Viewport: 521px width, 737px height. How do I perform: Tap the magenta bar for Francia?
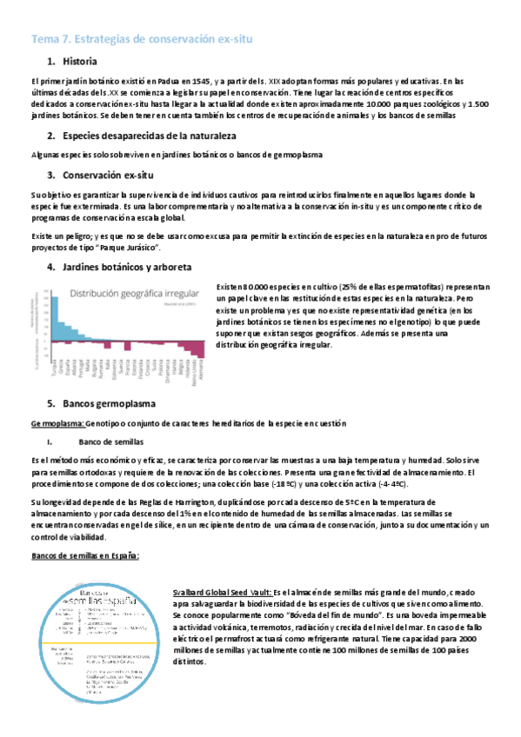(x=127, y=341)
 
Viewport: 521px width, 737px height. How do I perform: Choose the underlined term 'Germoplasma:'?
(x=57, y=423)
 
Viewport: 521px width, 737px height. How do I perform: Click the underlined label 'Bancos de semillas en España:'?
(x=85, y=556)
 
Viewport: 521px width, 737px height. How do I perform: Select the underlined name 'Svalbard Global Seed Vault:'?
(x=222, y=592)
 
